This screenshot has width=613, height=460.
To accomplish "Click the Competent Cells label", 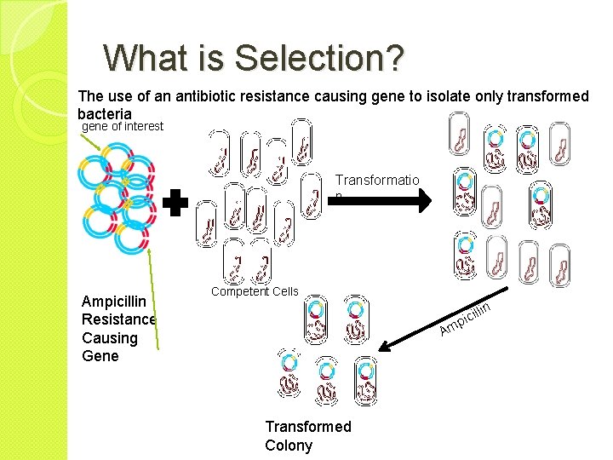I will (x=255, y=291).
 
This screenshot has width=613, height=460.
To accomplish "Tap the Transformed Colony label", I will (x=307, y=435).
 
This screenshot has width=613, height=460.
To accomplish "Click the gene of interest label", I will (x=122, y=127).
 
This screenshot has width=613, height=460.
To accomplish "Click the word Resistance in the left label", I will (x=118, y=319).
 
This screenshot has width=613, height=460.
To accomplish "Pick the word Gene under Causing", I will (x=100, y=355).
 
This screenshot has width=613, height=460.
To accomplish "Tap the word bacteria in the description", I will (x=104, y=113).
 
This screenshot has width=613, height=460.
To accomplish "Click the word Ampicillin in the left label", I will (x=114, y=302).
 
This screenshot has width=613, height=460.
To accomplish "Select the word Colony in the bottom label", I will (x=289, y=446).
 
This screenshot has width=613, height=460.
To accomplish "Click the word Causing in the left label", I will (x=109, y=337).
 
